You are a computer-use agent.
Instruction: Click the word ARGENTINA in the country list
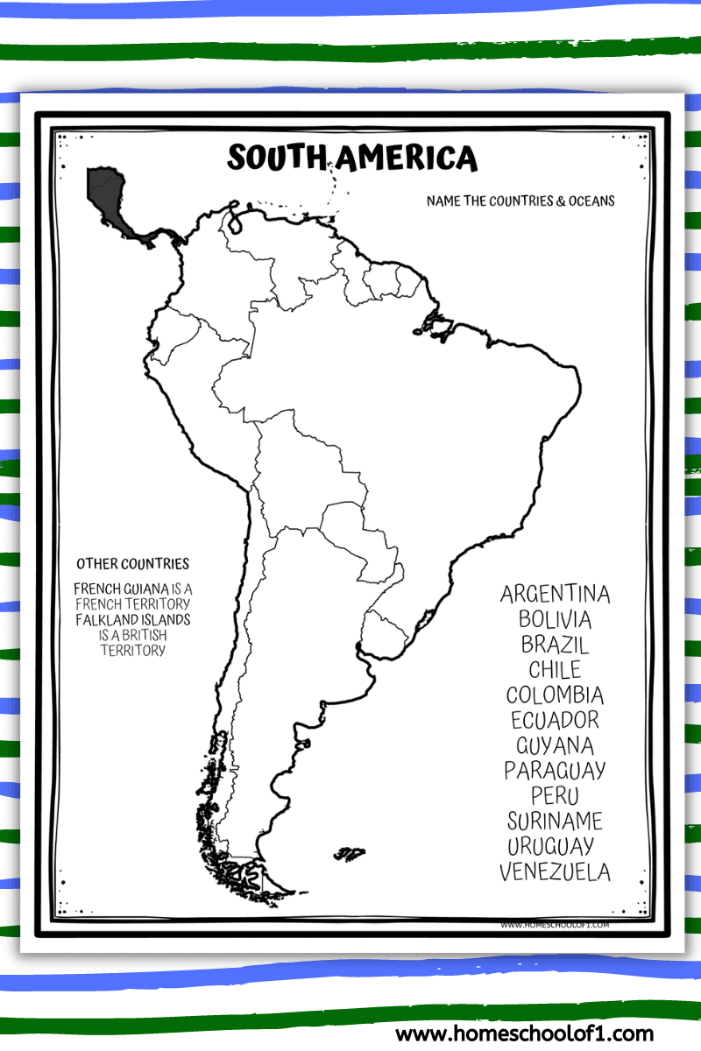point(555,594)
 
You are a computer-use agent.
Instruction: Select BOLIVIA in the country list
point(555,619)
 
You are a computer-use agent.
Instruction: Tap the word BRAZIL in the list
point(555,645)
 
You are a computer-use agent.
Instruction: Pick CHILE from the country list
point(555,670)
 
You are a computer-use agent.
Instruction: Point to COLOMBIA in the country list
point(555,695)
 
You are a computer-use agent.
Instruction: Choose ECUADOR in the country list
point(555,720)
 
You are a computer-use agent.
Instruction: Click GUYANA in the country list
point(555,745)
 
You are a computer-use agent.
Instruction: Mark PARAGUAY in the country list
point(555,771)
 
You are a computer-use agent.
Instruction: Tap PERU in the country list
point(555,796)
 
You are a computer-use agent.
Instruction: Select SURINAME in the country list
point(555,822)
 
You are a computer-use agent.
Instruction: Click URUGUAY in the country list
point(550,847)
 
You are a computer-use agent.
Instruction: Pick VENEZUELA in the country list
point(555,872)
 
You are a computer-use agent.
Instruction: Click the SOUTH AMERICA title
point(352,159)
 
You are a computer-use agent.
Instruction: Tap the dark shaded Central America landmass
point(108,198)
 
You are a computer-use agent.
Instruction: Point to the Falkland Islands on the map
point(350,851)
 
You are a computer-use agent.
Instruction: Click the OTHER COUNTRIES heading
point(132,564)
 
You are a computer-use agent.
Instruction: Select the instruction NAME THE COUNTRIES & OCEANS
point(520,201)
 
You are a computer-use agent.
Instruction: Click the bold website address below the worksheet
point(524,1033)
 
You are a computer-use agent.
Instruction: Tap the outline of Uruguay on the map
point(386,631)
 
